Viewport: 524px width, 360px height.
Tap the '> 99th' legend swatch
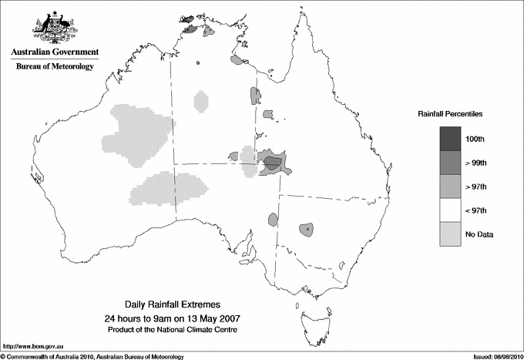(x=451, y=163)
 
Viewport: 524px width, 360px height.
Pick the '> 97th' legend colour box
(x=451, y=187)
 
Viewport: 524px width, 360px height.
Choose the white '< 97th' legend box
(x=451, y=210)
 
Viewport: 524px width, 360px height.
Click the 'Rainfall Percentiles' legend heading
(x=450, y=113)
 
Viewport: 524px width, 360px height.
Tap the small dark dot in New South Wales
(x=307, y=229)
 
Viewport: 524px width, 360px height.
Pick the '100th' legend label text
(x=475, y=139)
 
